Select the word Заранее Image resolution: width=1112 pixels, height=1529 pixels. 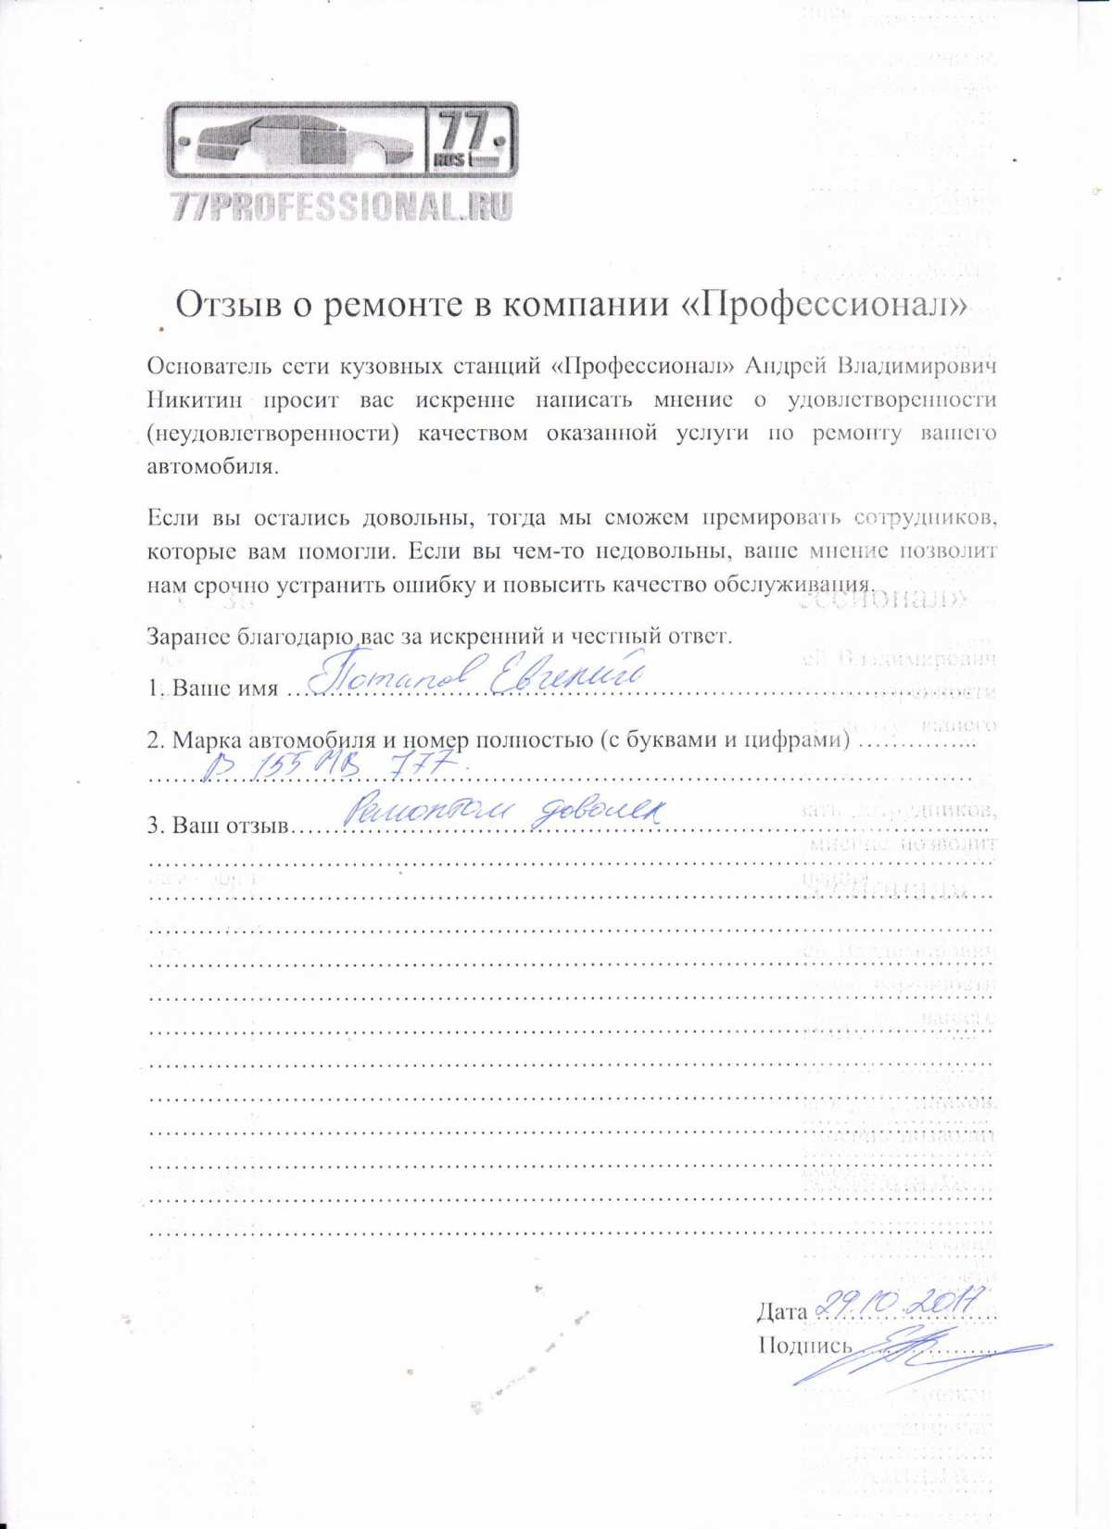click(x=189, y=637)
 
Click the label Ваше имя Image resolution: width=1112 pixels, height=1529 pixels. click(x=225, y=689)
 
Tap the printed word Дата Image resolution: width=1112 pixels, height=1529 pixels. click(x=782, y=1311)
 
